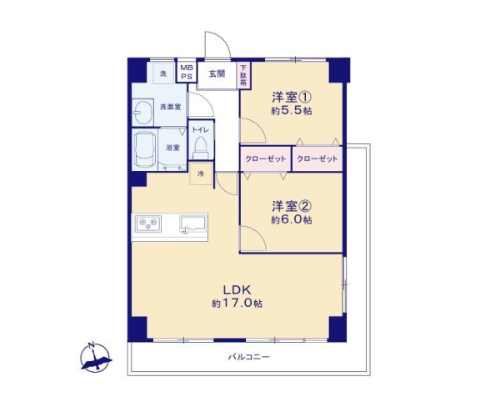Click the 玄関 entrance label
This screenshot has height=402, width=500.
pyautogui.click(x=216, y=73)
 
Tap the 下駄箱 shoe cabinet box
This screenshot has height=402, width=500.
pyautogui.click(x=243, y=73)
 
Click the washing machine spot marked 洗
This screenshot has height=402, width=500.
pyautogui.click(x=162, y=73)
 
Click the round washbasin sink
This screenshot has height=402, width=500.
pyautogui.click(x=145, y=109)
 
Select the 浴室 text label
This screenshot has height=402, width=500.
pyautogui.click(x=173, y=148)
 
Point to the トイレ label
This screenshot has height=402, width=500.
pyautogui.click(x=200, y=130)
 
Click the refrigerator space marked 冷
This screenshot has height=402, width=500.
pyautogui.click(x=200, y=174)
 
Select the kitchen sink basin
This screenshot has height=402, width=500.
pyautogui.click(x=193, y=223)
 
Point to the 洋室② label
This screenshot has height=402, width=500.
pyautogui.click(x=290, y=205)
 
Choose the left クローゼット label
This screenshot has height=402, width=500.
pyautogui.click(x=266, y=158)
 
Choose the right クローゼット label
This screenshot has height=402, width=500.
pyautogui.click(x=317, y=158)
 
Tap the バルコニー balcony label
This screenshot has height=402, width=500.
pyautogui.click(x=249, y=356)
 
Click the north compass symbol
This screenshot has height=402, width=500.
pyautogui.click(x=95, y=356)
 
